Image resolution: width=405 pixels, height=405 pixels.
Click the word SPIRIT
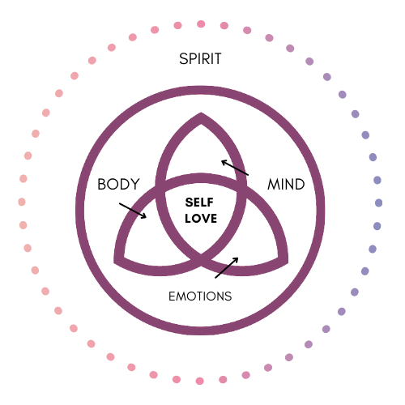[x=200, y=58]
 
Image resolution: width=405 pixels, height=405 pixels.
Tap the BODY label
[x=118, y=184]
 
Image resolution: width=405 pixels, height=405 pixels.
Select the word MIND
[x=286, y=185]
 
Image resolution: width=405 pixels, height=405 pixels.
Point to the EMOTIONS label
[x=200, y=296]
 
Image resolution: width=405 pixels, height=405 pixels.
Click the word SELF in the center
[x=199, y=202]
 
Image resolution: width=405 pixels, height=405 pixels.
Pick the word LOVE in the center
[x=201, y=219]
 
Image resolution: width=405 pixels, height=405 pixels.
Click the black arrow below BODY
[x=133, y=211]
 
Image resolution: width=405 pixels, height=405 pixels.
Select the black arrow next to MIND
[x=235, y=168]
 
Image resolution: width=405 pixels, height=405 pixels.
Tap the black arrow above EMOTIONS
[x=227, y=267]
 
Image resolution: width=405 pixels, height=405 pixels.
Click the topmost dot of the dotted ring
[x=201, y=24]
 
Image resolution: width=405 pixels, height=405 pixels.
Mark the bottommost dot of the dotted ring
[x=199, y=381]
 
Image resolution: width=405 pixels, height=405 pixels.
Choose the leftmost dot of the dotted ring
[x=22, y=202]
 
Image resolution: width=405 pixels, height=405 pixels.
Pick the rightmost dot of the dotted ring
[x=378, y=202]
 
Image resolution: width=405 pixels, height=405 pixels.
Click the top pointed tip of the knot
[x=201, y=113]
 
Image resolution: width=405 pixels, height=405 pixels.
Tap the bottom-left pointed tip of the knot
[x=114, y=262]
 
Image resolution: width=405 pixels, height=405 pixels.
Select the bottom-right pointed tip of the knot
[x=288, y=262]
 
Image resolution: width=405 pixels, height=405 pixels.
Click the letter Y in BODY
[x=134, y=184]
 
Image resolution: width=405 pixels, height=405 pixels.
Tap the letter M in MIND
[x=273, y=185]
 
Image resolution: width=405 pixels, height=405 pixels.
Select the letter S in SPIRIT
[x=183, y=58]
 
